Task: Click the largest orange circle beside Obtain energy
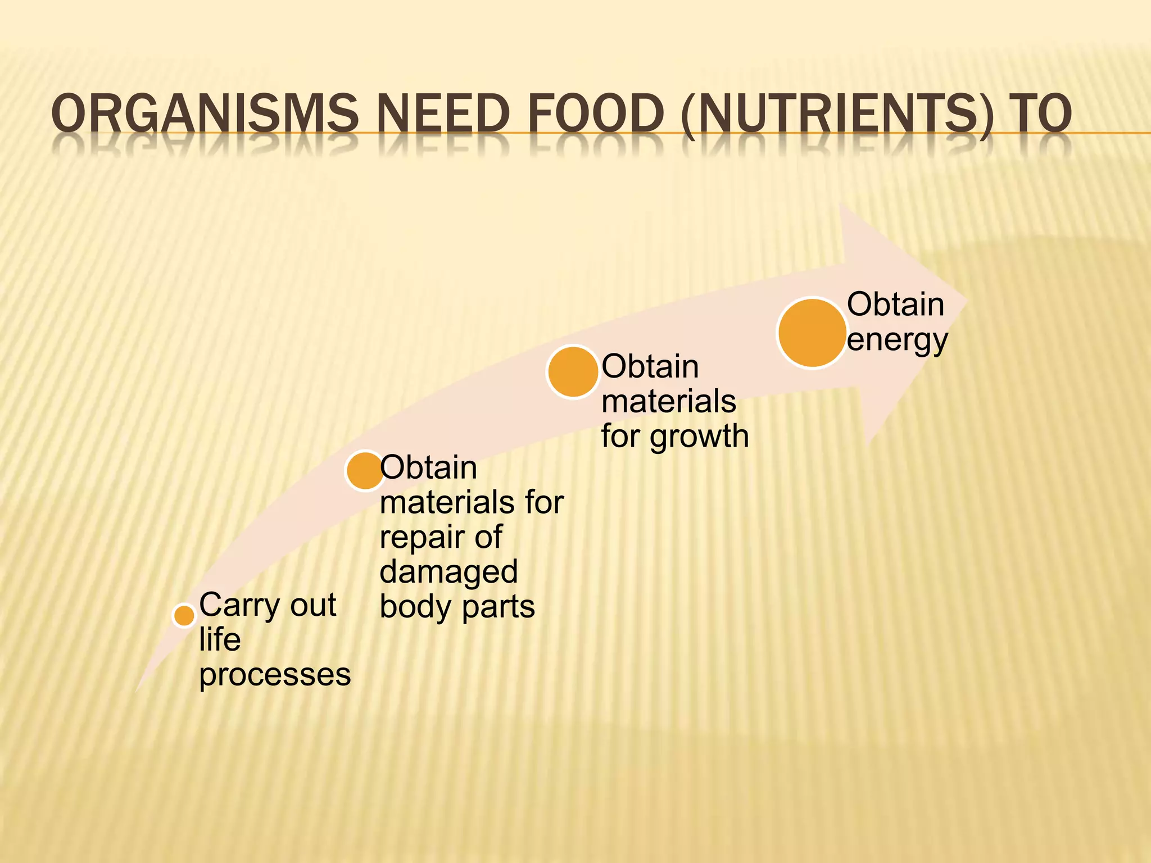[812, 333]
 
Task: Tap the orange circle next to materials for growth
[573, 372]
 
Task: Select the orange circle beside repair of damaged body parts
[365, 470]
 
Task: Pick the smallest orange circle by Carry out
[184, 615]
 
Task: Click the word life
[220, 639]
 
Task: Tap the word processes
[275, 675]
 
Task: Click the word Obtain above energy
[895, 305]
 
